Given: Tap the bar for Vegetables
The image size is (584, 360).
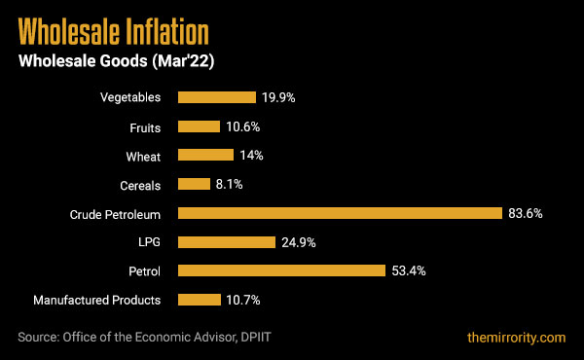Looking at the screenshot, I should click(216, 97).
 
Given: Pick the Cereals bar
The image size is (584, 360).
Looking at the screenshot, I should click(194, 184).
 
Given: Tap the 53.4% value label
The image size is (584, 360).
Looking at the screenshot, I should click(410, 270).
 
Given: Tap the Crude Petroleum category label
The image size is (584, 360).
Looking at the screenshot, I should click(115, 213).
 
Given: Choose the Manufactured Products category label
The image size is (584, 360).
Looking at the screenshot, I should click(97, 300).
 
